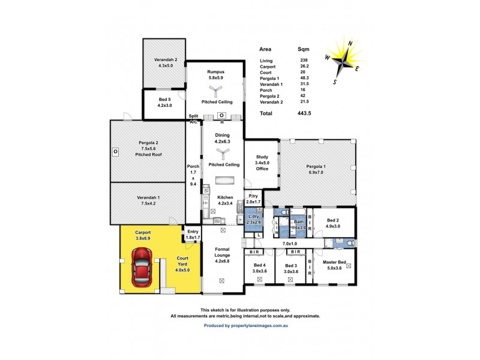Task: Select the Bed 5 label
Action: (x=164, y=102)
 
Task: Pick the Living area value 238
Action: (x=304, y=61)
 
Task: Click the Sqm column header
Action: (x=304, y=49)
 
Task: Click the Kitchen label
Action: (x=225, y=197)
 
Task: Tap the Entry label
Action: (x=193, y=232)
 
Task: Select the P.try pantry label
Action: (x=254, y=196)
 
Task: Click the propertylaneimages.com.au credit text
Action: (x=247, y=325)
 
